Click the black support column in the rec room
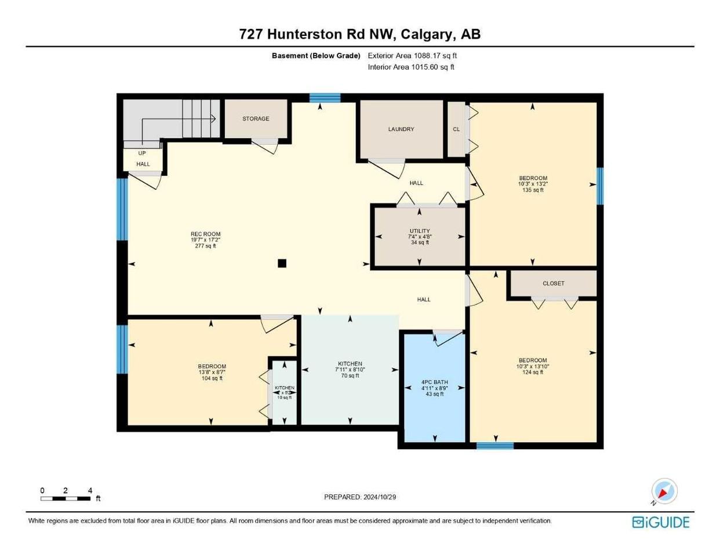coord(282,263)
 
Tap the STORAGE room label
coord(256,119)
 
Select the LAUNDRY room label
coord(401,129)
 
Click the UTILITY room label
coord(420,231)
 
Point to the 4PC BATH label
coord(434,382)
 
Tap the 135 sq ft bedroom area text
coord(533,190)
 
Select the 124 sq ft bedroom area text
coord(533,372)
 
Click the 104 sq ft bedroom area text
coord(212,378)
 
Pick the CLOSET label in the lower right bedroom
coord(553,284)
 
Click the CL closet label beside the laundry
coord(456,129)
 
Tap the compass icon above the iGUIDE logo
coord(664,491)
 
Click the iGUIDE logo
coord(660,522)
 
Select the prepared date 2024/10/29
coord(359,497)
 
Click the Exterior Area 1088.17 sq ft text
coord(412,56)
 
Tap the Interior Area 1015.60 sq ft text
coord(411,67)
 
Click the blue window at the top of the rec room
coord(324,98)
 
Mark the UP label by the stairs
coord(142,153)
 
